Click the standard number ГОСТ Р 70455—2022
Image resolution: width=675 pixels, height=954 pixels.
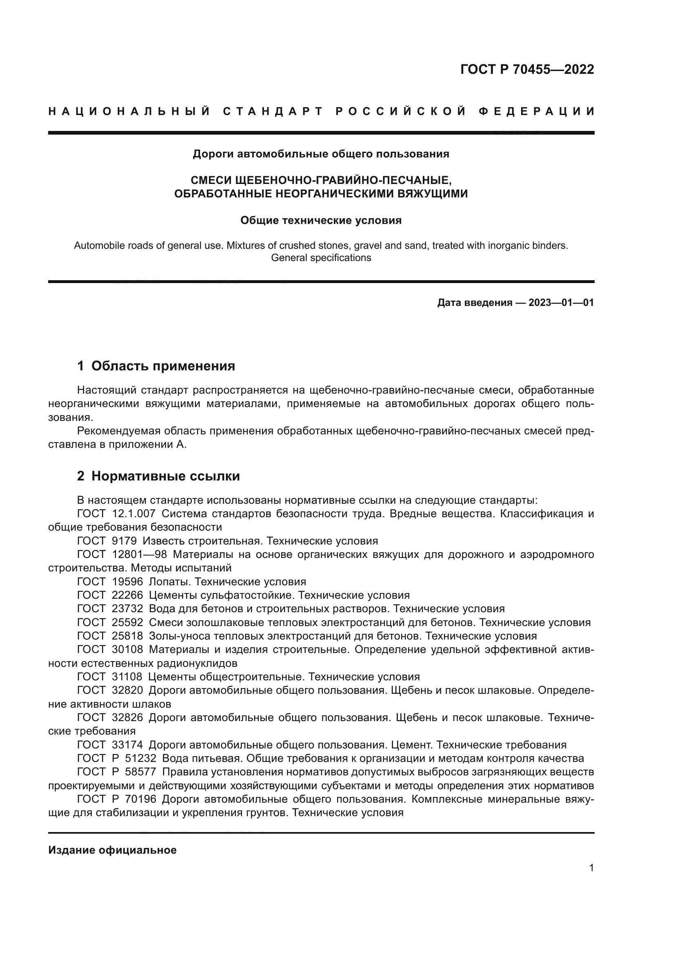click(x=526, y=69)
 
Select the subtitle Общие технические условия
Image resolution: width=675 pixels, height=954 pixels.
click(x=321, y=221)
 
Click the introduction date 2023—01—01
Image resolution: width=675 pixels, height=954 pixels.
click(x=561, y=303)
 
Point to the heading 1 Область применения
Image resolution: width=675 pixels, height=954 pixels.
click(x=156, y=365)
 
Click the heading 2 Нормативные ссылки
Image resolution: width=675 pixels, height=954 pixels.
click(x=158, y=476)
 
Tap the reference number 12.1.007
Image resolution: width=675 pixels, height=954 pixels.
click(x=134, y=514)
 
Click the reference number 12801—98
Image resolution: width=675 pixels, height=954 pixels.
click(x=139, y=555)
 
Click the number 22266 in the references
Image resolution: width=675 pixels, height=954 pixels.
click(x=128, y=595)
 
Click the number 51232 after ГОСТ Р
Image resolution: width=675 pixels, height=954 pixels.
click(x=140, y=758)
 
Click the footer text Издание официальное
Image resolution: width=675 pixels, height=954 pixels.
click(x=113, y=850)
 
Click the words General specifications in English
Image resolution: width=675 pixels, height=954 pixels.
click(x=321, y=258)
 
